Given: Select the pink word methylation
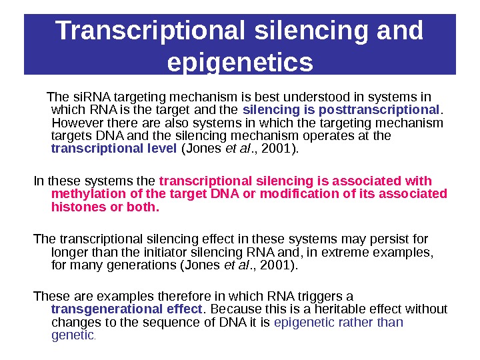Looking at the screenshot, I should pos(85,194).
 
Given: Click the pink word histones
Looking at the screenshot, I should pos(77,207).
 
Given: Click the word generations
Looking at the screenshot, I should pos(140,265).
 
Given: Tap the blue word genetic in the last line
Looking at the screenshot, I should pos(73,335).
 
